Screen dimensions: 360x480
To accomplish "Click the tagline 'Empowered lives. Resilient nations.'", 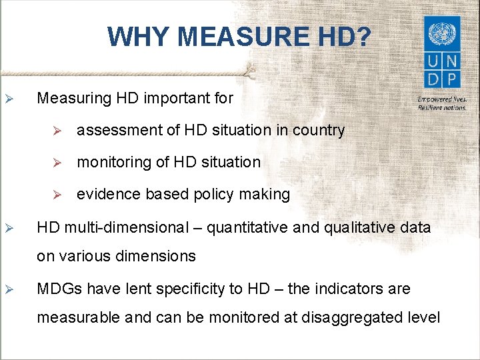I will click(x=441, y=103).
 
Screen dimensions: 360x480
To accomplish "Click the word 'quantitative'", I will click(x=247, y=228).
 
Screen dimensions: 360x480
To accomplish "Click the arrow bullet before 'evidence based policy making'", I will click(x=57, y=195).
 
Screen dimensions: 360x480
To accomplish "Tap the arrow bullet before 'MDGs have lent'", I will click(x=10, y=289).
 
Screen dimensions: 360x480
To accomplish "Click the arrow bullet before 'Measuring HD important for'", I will click(x=10, y=99).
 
